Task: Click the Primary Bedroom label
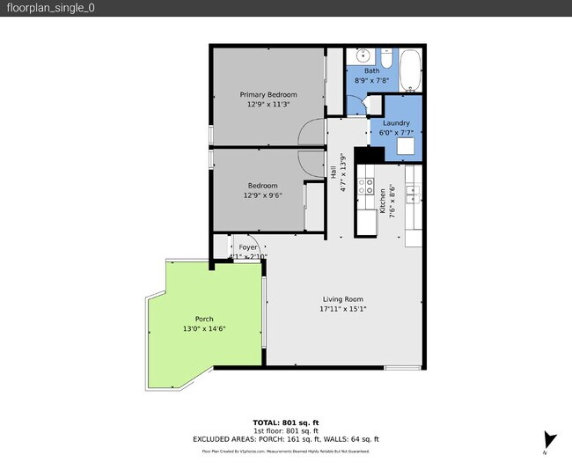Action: (268, 94)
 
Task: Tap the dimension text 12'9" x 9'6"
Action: (262, 195)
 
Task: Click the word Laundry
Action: (397, 123)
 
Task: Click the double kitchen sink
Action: (413, 191)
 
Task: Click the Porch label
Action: (204, 319)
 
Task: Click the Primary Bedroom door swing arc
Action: (312, 133)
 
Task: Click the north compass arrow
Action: (550, 439)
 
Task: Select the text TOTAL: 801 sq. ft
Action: (286, 422)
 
